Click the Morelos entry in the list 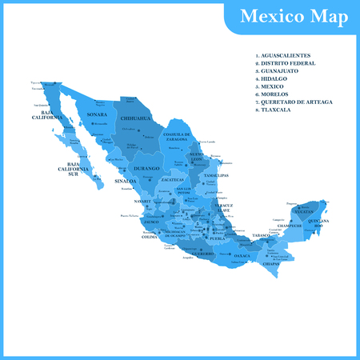coord(277,92)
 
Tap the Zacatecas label coord(172,180)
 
